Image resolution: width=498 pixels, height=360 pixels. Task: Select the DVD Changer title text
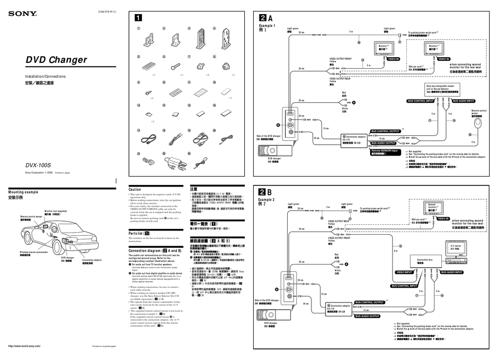tap(56, 60)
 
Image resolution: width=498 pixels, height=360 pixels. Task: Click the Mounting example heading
tap(26, 193)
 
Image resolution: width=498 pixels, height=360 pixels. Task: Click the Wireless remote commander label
tap(34, 253)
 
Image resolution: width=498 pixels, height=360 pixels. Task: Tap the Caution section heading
tap(135, 189)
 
